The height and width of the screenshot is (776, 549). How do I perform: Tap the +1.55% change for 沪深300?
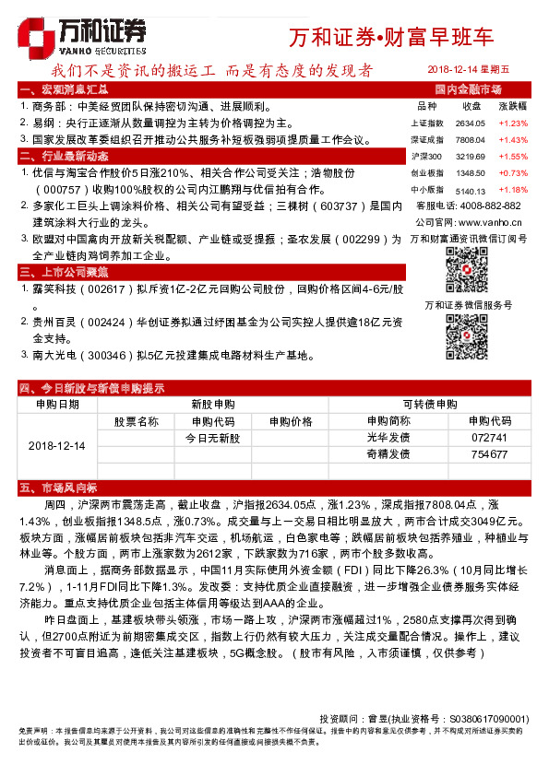point(512,157)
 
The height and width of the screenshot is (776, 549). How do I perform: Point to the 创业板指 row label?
point(426,172)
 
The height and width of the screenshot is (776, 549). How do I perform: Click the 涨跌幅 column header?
point(512,107)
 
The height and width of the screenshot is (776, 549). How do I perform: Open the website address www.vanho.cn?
point(489,222)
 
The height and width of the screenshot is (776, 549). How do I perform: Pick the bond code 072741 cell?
point(488,438)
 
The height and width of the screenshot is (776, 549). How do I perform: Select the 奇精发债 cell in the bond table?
point(388,454)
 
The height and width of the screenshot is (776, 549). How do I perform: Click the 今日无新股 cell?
point(212,438)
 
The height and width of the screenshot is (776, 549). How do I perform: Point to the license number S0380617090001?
point(489,718)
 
